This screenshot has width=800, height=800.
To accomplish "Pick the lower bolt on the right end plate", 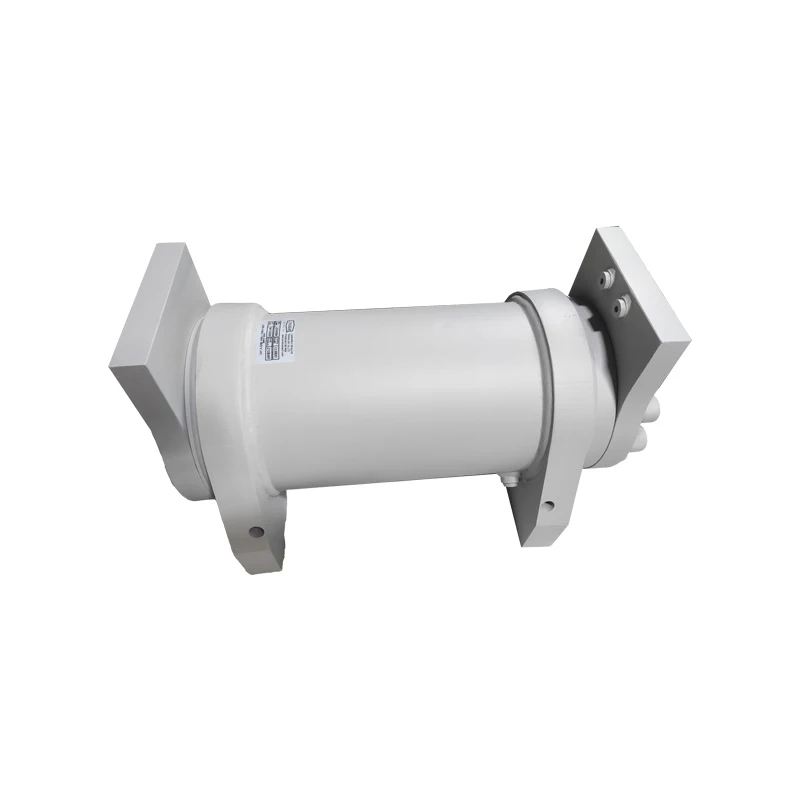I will pyautogui.click(x=627, y=300).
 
